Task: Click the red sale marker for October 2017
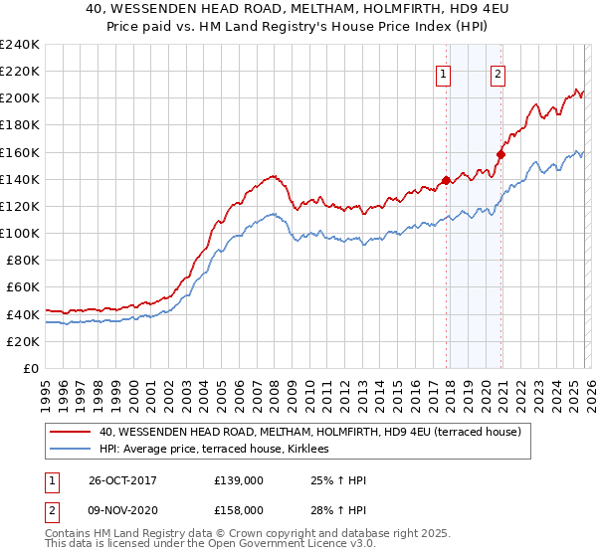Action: pos(446,180)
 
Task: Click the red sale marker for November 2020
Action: pos(500,154)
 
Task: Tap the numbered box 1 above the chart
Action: pos(443,72)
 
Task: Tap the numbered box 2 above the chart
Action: pos(497,72)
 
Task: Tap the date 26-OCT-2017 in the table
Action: pos(114,480)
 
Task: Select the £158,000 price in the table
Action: pos(239,510)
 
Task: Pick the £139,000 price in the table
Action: pos(239,480)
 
